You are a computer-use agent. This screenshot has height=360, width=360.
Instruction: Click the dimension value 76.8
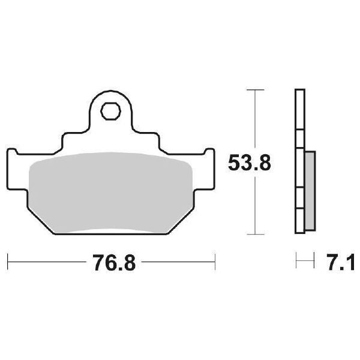pos(110,262)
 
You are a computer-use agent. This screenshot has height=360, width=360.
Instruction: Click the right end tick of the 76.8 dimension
pos(215,261)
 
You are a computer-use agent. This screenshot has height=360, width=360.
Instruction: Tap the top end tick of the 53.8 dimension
pos(256,90)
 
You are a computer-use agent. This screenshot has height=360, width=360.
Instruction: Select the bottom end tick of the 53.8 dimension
pos(256,234)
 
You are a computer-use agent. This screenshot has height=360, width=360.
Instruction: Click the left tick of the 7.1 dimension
pos(296,261)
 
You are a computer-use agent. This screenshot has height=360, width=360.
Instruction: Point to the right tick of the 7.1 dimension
pos(314,261)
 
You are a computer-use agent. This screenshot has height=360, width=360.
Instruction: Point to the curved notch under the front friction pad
pos(110,231)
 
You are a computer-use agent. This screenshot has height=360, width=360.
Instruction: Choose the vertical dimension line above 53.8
pos(256,120)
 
